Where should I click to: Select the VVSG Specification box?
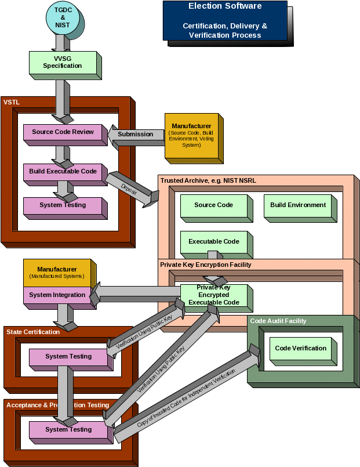63,62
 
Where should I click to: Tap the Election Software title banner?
225,21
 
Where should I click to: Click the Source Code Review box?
63,132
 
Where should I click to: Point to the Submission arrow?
136,134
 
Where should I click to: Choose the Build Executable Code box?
63,172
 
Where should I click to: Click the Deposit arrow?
129,187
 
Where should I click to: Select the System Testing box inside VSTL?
63,205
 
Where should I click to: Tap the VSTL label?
12,102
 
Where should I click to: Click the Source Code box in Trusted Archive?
213,205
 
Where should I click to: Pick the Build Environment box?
298,205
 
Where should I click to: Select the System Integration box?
57,295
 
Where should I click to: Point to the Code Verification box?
300,349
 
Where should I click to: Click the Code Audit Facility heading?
278,321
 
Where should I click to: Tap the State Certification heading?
33,332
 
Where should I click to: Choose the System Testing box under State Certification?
68,357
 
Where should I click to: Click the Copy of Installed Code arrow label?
186,398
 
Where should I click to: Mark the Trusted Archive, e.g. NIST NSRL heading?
208,180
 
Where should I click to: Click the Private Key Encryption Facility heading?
206,265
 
